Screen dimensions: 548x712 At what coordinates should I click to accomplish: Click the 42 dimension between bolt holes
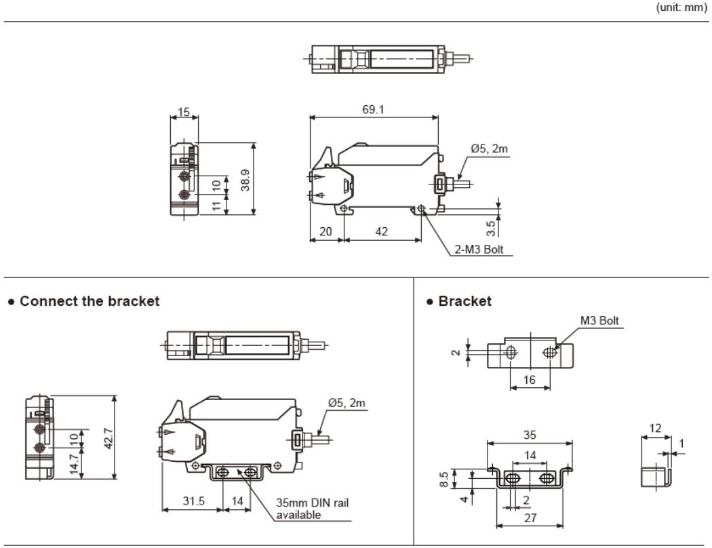point(382,231)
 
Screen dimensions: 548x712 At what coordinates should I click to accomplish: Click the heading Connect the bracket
point(90,301)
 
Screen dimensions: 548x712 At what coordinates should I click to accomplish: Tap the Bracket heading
point(464,301)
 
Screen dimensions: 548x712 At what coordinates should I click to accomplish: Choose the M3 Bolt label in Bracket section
point(599,321)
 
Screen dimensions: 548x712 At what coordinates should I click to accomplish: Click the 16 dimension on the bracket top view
point(529,380)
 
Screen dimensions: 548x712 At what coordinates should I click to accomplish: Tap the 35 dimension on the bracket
point(530,434)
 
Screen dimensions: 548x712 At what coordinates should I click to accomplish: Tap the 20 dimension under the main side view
point(325,231)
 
